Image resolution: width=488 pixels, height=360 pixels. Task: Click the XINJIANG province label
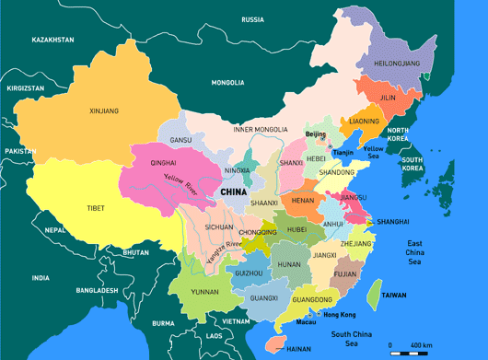(x=104, y=111)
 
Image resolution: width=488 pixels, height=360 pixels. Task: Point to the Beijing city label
(x=316, y=134)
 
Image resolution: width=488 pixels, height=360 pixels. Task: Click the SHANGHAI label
(x=392, y=221)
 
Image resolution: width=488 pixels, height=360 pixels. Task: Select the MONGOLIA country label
(x=227, y=83)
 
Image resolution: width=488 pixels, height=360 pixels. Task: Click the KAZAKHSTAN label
(x=52, y=41)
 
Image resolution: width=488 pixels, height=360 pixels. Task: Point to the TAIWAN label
(x=394, y=296)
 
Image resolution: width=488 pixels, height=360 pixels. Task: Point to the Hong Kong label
(x=340, y=315)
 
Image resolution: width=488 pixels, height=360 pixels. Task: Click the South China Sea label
(x=354, y=338)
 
